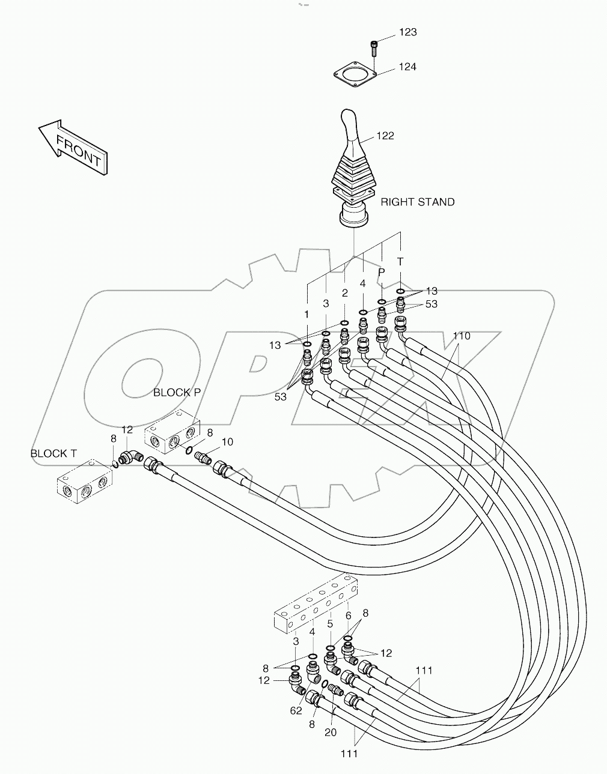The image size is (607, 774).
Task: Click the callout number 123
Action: [407, 32]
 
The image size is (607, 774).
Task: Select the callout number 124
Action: [407, 67]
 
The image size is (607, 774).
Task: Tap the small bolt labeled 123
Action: [374, 48]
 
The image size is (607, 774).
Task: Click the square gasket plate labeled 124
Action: [355, 76]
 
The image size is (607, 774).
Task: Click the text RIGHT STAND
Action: [418, 202]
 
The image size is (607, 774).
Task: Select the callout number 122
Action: [385, 136]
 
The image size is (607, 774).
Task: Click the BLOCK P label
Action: [177, 392]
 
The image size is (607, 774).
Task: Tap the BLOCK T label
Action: [53, 453]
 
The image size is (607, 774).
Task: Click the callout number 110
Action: [461, 336]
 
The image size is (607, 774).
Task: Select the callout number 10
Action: [227, 442]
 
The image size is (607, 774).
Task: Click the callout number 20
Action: [331, 732]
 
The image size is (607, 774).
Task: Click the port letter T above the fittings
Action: [400, 262]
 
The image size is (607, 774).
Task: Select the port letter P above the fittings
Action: [381, 272]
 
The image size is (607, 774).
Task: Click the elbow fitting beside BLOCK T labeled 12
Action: [129, 458]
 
